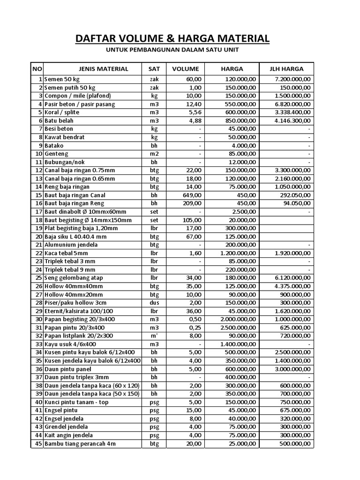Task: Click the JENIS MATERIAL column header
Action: pyautogui.click(x=104, y=69)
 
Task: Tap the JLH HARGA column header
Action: pyautogui.click(x=286, y=69)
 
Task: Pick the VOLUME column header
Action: pyautogui.click(x=186, y=69)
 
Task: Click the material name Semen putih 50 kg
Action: pyautogui.click(x=70, y=88)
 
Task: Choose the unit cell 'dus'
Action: pyautogui.click(x=155, y=303)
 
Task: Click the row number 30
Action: pyautogui.click(x=38, y=319)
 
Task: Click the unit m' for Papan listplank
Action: pyautogui.click(x=155, y=336)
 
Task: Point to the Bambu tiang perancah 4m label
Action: pyautogui.click(x=80, y=443)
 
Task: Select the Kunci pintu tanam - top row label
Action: pyautogui.click(x=76, y=402)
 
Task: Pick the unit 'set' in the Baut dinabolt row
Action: pyautogui.click(x=155, y=211)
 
